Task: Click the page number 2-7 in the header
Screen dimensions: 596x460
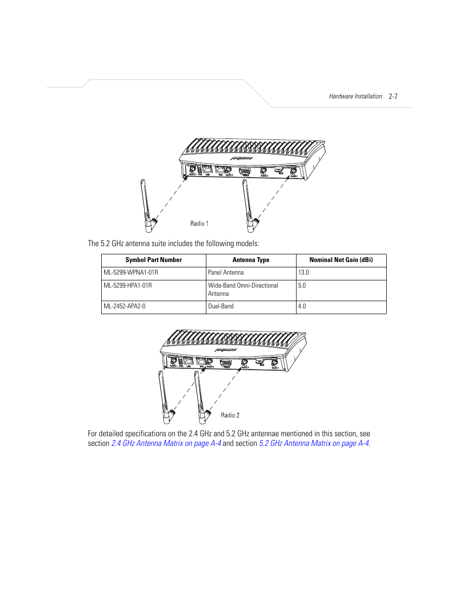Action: (x=393, y=97)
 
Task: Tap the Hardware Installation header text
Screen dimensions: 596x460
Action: (x=355, y=97)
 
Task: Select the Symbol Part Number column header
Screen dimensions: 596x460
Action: (x=153, y=260)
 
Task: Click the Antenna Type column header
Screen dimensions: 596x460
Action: (x=251, y=260)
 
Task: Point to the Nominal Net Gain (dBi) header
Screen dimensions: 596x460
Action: (x=341, y=260)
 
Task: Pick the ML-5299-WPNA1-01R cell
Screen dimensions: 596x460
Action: (x=131, y=273)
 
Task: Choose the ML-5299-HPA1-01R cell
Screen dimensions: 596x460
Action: (x=128, y=286)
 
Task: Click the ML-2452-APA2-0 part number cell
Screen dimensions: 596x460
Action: (x=124, y=306)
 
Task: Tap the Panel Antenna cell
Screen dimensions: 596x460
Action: (x=226, y=273)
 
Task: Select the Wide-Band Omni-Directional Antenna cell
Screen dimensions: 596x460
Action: (x=243, y=290)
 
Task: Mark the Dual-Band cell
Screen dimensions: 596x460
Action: (x=221, y=306)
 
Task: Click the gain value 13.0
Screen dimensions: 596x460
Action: (x=303, y=273)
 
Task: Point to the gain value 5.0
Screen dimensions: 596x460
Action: (x=302, y=286)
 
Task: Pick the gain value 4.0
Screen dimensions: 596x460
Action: (x=302, y=306)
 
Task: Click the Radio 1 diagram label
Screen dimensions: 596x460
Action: (x=199, y=224)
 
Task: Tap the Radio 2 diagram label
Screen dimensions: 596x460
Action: (x=230, y=416)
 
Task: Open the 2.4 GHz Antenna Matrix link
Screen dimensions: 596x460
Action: (x=166, y=444)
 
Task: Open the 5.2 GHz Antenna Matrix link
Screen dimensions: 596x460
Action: (x=314, y=444)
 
